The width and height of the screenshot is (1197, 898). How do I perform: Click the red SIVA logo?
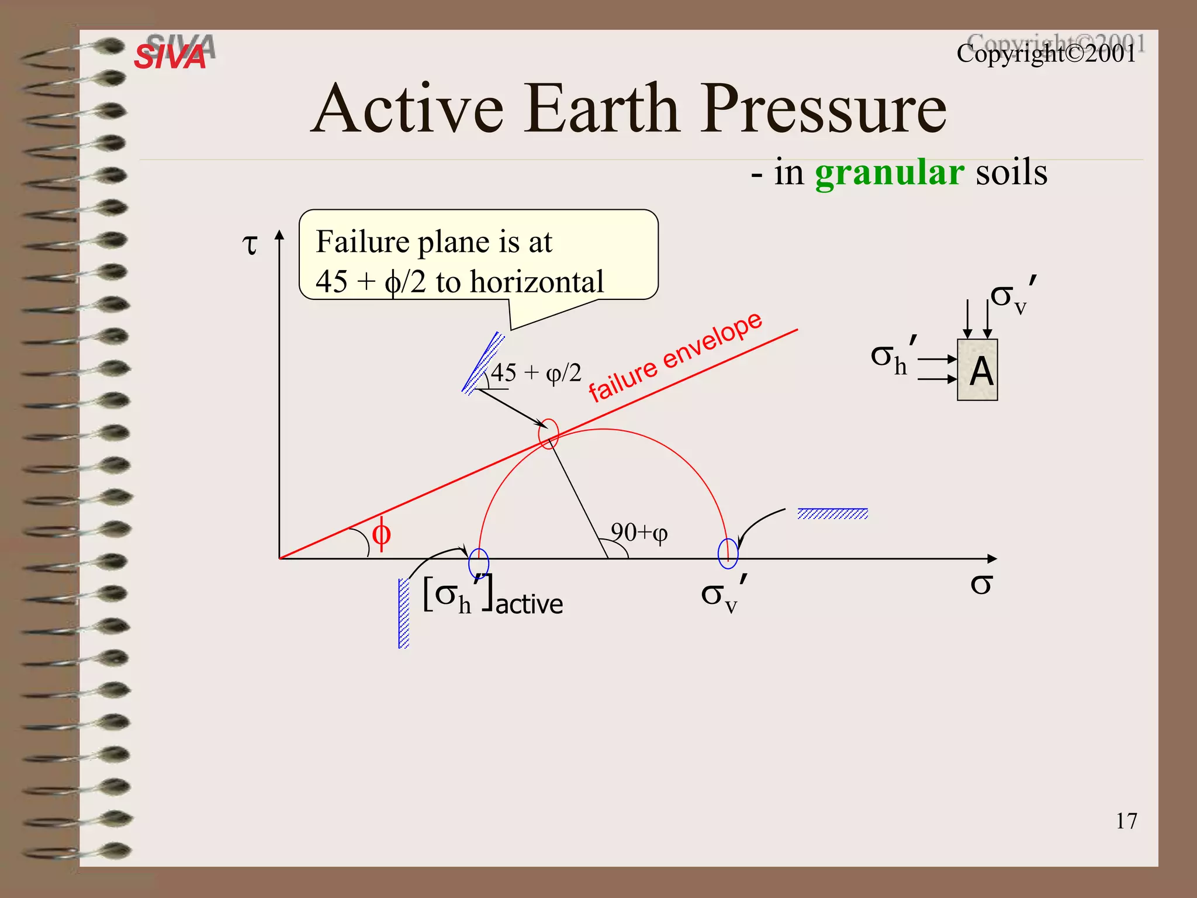169,57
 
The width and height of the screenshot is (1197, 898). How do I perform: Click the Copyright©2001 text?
1046,54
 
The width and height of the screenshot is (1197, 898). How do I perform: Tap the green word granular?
889,173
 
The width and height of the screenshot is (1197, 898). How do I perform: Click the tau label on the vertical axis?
250,244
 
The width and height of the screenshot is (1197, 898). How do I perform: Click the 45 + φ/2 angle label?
536,373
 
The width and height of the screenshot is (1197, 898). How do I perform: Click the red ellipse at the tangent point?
548,434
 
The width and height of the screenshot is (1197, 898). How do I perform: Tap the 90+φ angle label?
639,533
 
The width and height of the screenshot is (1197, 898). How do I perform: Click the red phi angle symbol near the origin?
381,533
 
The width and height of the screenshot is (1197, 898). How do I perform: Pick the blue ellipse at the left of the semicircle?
479,563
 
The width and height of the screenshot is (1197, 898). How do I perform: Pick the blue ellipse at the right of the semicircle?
728,553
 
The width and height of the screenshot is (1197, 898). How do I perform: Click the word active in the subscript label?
529,605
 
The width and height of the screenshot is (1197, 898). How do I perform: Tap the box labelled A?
977,370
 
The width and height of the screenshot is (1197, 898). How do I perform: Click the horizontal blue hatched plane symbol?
832,514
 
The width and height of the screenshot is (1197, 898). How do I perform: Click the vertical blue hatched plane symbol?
403,613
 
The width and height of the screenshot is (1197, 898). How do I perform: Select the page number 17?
1126,821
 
